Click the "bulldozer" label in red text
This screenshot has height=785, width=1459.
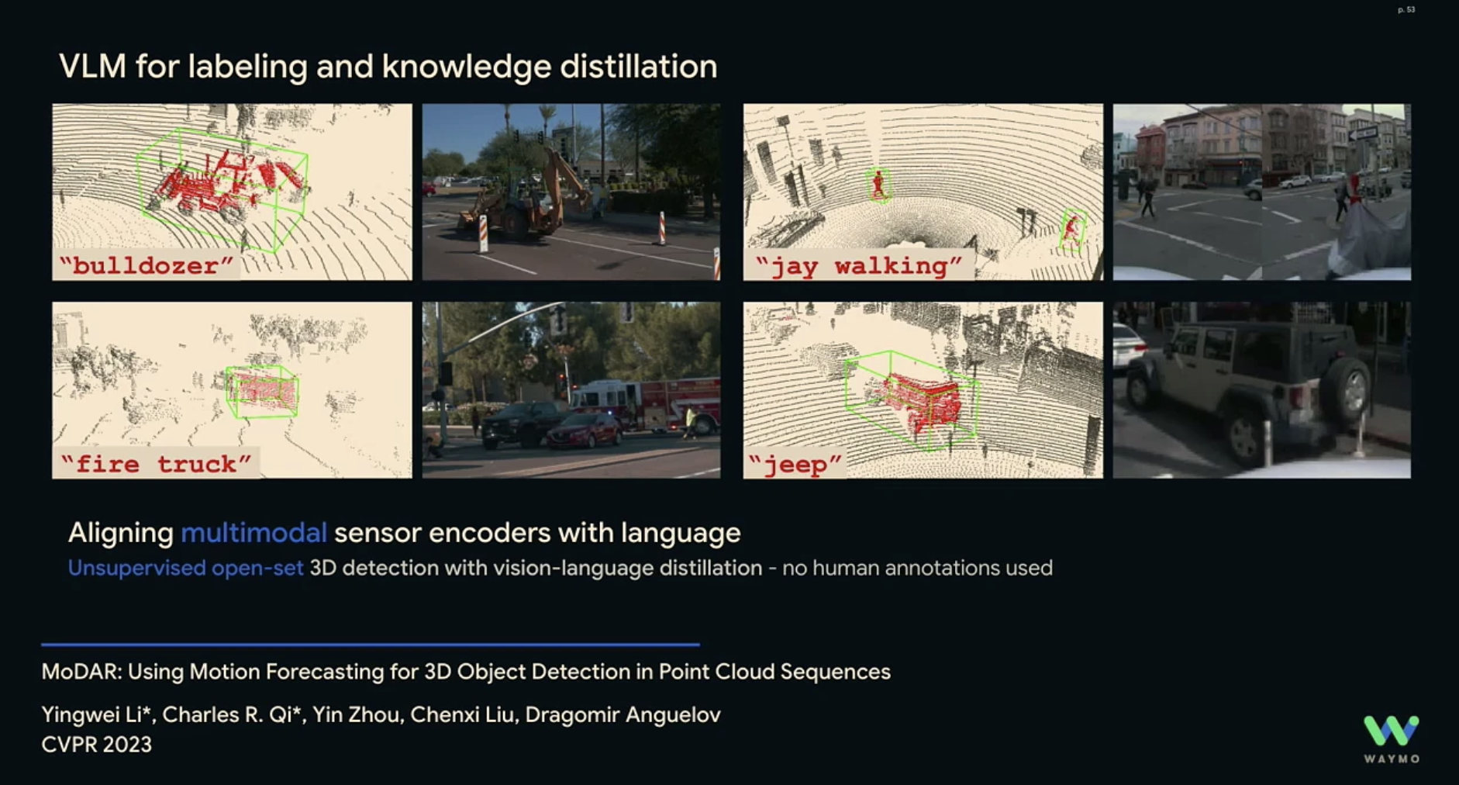pos(147,266)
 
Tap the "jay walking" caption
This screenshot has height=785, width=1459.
pos(858,266)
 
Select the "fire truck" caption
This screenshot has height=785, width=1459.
pos(156,464)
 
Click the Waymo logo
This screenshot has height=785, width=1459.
pos(1392,739)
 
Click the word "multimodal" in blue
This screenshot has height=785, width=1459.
pos(254,533)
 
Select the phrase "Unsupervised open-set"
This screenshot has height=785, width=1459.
pos(185,568)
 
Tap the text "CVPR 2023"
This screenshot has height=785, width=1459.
pos(97,745)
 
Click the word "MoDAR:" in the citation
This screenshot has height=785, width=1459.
pos(81,672)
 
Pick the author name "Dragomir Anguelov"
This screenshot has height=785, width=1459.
pos(623,714)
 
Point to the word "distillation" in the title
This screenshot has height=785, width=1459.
pos(638,67)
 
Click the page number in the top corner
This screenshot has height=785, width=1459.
pos(1406,10)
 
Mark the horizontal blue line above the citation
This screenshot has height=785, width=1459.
pos(371,645)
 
